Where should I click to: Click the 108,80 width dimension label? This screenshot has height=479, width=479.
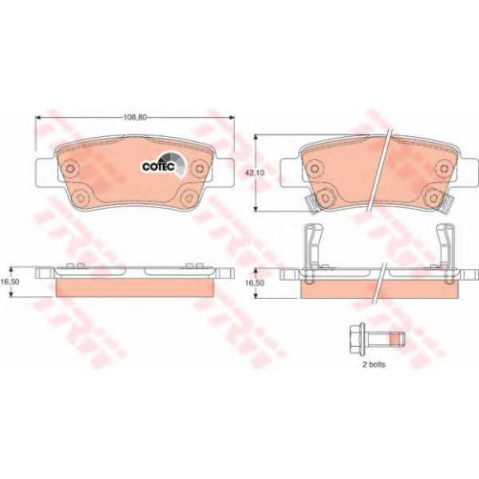coord(135,117)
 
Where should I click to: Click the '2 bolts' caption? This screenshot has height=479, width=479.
coord(374,364)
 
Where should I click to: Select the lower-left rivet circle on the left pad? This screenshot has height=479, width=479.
coord(80,196)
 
